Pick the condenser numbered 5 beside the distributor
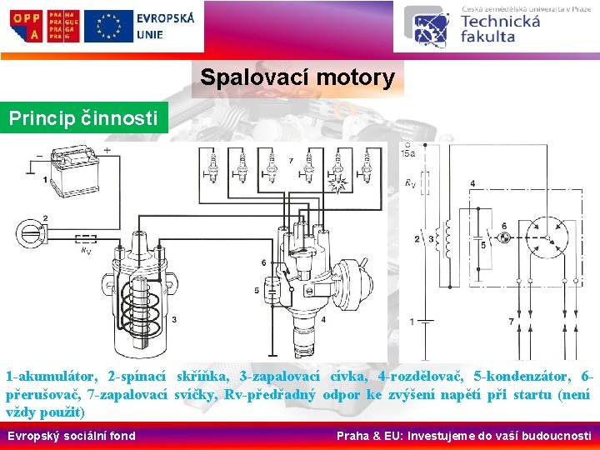tap(272, 292)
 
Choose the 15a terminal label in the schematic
tap(408, 153)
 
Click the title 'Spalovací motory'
tap(297, 78)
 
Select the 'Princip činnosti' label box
tap(83, 118)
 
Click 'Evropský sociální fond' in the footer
tap(71, 435)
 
